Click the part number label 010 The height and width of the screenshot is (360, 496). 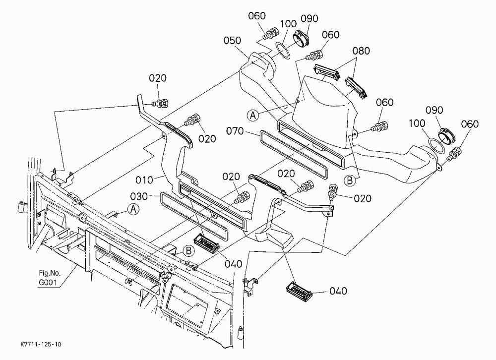(144, 180)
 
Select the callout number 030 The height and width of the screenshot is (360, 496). (139, 196)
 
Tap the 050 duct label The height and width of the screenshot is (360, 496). (232, 41)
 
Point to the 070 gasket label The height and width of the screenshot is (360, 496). (235, 130)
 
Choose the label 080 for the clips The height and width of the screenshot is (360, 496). (361, 51)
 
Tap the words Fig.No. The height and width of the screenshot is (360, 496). (49, 273)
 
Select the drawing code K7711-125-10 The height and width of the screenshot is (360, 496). (41, 344)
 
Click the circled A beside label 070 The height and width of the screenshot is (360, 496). (253, 115)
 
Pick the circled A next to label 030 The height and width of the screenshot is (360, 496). (134, 209)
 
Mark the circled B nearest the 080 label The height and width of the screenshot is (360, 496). (350, 180)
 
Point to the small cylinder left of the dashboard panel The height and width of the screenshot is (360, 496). (21, 207)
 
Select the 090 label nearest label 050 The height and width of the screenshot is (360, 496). (310, 19)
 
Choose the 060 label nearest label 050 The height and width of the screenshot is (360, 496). (256, 16)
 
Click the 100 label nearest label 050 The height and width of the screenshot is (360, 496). (288, 24)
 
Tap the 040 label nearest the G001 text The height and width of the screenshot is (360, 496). (233, 264)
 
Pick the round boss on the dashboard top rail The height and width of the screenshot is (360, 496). (82, 218)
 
